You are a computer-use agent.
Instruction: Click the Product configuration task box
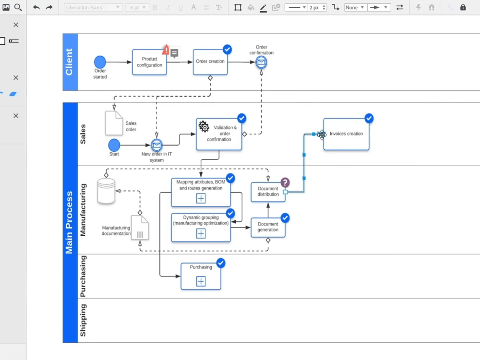tap(149, 62)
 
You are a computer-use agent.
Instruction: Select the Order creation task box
tap(210, 62)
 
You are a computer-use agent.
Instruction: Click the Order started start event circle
tap(100, 62)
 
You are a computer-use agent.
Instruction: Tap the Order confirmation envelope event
tap(261, 62)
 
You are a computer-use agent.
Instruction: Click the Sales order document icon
tap(114, 123)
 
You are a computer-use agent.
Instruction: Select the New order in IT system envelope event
tap(156, 144)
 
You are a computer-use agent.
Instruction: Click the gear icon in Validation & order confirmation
tap(204, 127)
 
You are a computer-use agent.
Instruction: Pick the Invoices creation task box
tap(346, 134)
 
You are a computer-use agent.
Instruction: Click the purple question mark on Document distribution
tap(285, 182)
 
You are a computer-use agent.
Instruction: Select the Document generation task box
tap(268, 228)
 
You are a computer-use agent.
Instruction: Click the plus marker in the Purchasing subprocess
tap(201, 281)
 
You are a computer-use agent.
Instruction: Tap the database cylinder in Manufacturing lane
tap(106, 191)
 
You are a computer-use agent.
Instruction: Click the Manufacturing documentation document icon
tap(140, 228)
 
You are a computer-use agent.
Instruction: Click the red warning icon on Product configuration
tap(166, 49)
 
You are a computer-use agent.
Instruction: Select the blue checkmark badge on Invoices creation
tap(369, 118)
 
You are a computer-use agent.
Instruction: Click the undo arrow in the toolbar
tap(36, 8)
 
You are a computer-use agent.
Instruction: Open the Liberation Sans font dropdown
tap(93, 8)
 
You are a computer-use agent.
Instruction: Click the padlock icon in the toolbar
tap(463, 8)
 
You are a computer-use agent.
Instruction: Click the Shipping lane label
tap(83, 320)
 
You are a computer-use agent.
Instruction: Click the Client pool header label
tap(70, 62)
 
